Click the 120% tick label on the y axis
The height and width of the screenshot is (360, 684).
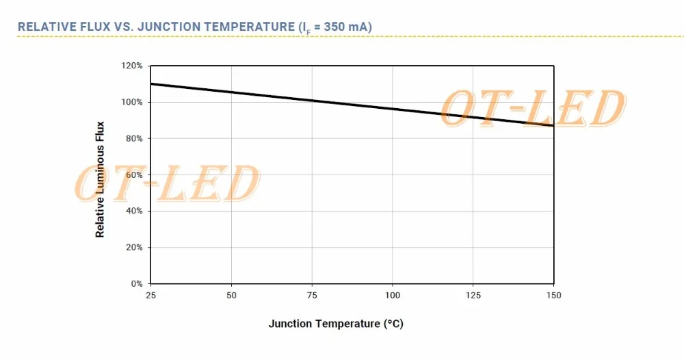(133, 66)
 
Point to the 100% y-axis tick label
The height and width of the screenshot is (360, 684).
(133, 102)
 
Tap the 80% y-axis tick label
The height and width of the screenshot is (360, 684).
(134, 138)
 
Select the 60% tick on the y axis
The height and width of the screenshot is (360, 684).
(134, 175)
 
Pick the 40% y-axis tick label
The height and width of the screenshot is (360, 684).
(134, 211)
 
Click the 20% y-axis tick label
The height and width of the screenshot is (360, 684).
(134, 247)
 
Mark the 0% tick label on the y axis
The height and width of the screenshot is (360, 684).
(136, 283)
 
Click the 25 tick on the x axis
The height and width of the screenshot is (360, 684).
(150, 295)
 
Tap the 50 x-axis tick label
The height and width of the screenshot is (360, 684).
(231, 295)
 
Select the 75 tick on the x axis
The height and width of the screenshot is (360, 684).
(312, 295)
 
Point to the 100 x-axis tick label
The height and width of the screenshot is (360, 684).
(392, 295)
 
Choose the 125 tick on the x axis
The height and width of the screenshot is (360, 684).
(473, 295)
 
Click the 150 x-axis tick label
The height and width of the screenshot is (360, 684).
(553, 295)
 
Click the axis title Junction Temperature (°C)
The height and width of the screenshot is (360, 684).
(336, 323)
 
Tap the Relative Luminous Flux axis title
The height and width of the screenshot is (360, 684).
(100, 179)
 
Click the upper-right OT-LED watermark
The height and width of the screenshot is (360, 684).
(532, 110)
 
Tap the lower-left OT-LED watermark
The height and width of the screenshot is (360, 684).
(167, 183)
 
